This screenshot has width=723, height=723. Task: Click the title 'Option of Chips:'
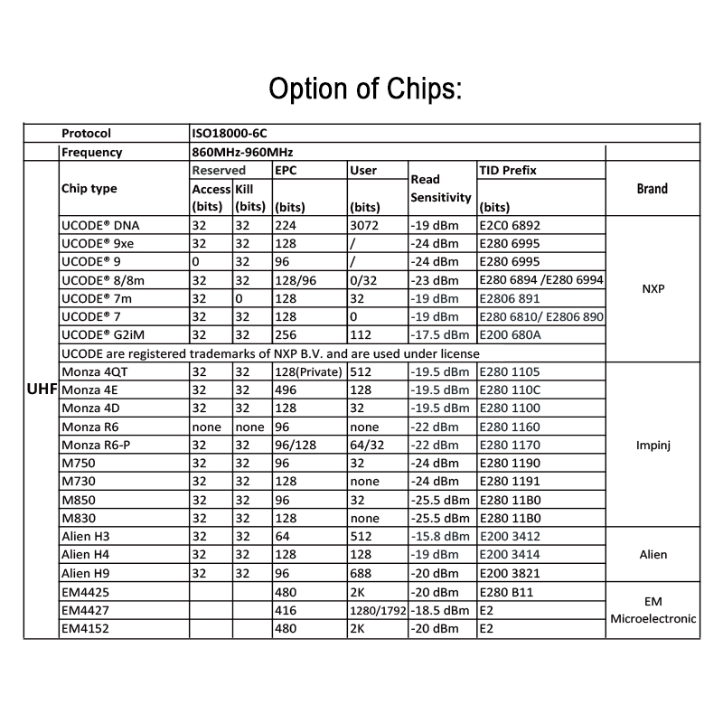click(366, 89)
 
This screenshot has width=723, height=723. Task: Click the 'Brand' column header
click(652, 189)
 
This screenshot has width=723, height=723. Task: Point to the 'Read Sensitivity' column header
click(441, 189)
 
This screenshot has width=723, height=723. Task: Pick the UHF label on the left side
click(43, 390)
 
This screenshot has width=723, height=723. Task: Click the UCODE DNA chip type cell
click(102, 225)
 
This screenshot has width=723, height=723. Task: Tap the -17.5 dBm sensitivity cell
click(441, 335)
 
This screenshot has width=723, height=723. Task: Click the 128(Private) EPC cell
click(308, 372)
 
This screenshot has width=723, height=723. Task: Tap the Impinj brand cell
click(653, 445)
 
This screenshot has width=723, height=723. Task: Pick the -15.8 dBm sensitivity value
click(441, 537)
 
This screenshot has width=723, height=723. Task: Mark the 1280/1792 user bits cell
click(377, 610)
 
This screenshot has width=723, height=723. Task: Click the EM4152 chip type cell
click(86, 628)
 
